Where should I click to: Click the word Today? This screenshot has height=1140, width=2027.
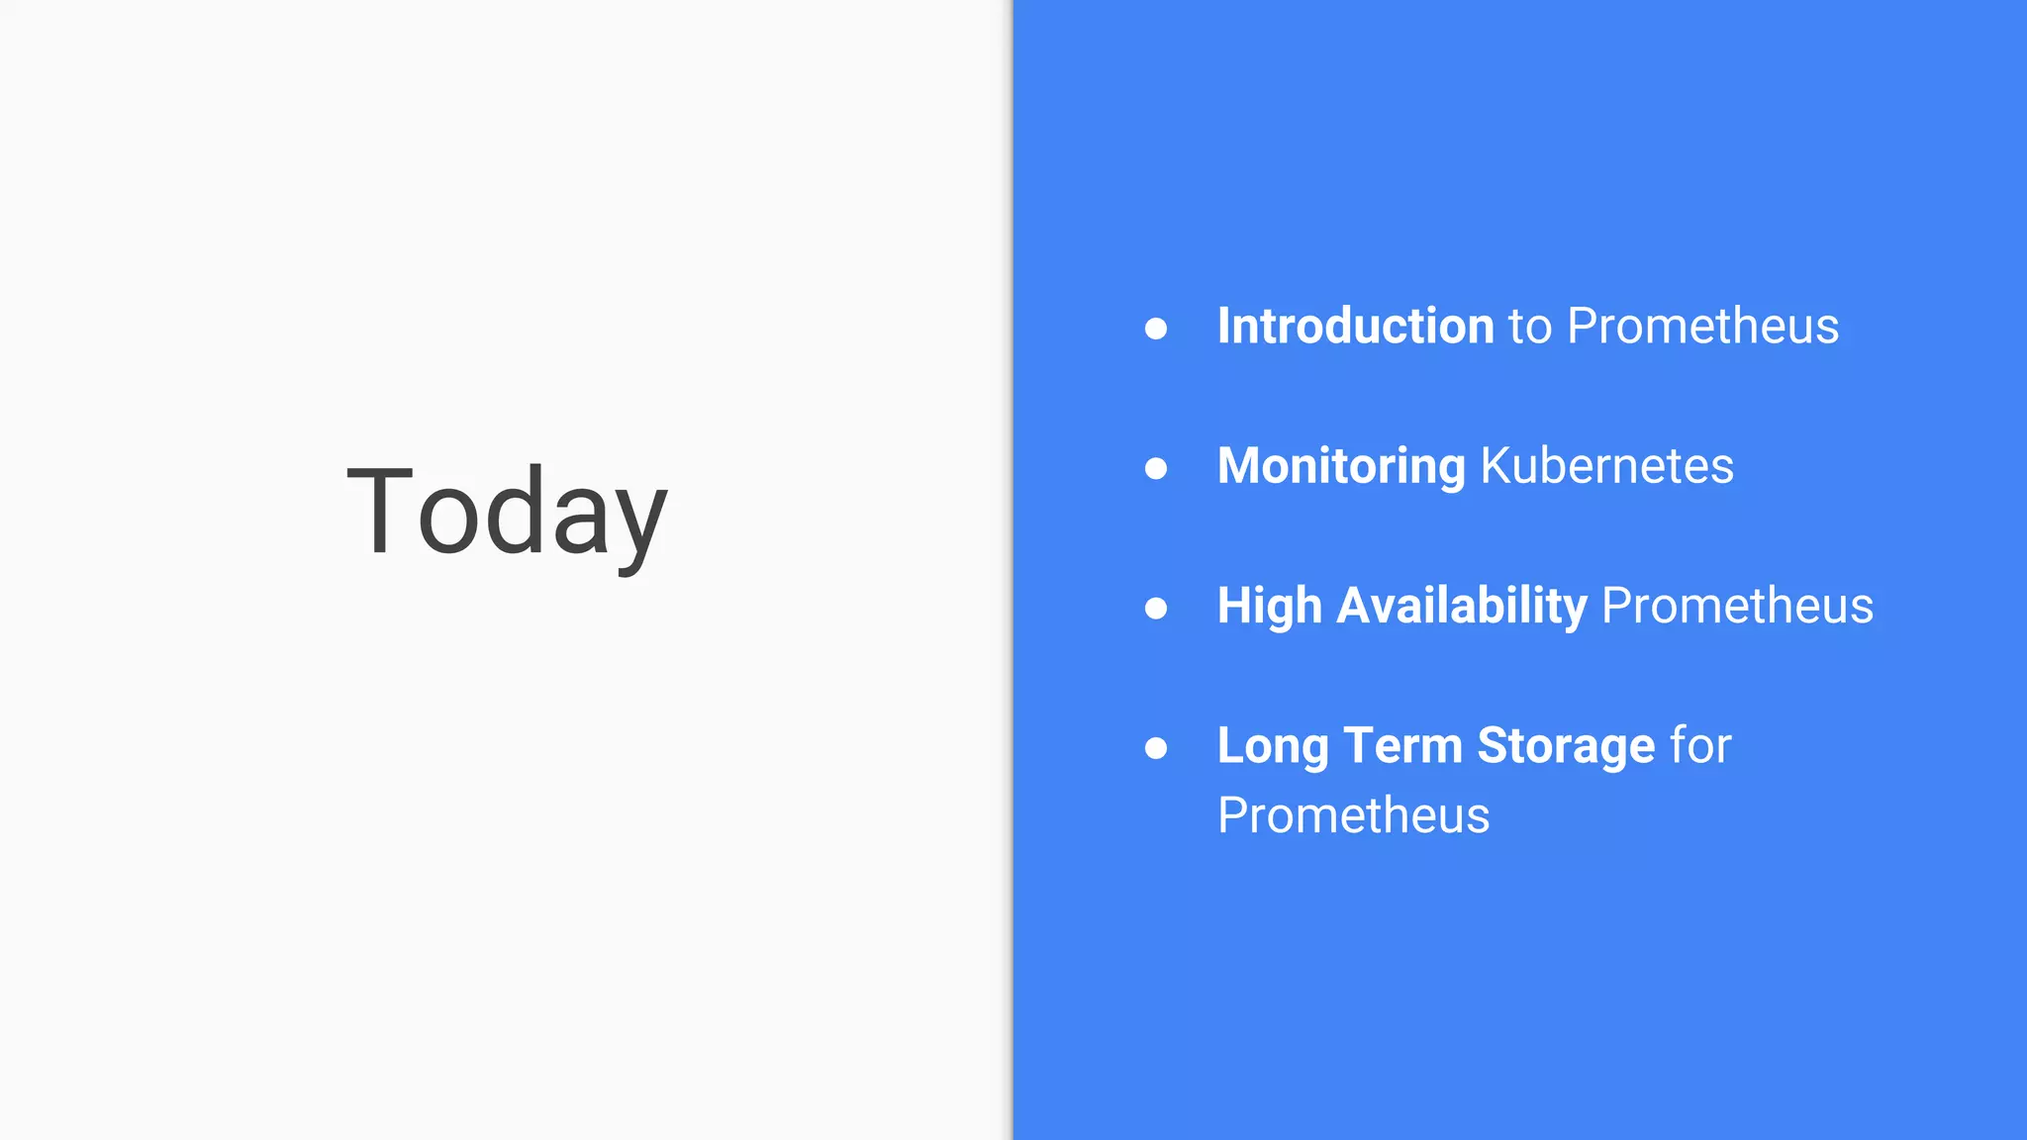507,513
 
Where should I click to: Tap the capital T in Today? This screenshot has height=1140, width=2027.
379,511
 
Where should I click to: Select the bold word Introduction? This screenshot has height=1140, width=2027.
1355,326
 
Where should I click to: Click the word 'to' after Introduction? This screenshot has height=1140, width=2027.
1530,327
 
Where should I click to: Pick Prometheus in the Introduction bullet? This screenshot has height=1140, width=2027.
1702,326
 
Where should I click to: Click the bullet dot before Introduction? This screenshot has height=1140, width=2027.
1155,329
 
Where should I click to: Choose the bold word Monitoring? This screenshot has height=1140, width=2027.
1341,466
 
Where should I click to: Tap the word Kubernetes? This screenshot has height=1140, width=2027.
1606,465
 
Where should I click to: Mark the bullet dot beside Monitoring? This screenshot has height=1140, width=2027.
1155,468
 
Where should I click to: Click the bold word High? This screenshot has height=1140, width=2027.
1269,606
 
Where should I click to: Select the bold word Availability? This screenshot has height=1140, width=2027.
1462,606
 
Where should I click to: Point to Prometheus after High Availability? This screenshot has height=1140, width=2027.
1737,606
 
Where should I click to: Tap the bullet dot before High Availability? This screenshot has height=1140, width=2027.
1155,608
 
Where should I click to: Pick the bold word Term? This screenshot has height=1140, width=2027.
1402,745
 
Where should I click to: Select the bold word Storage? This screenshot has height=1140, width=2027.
1566,746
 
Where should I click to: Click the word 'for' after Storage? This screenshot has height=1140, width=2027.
1700,745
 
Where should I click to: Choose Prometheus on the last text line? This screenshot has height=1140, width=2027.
1353,815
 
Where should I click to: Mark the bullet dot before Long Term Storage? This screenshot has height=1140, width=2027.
1155,748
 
